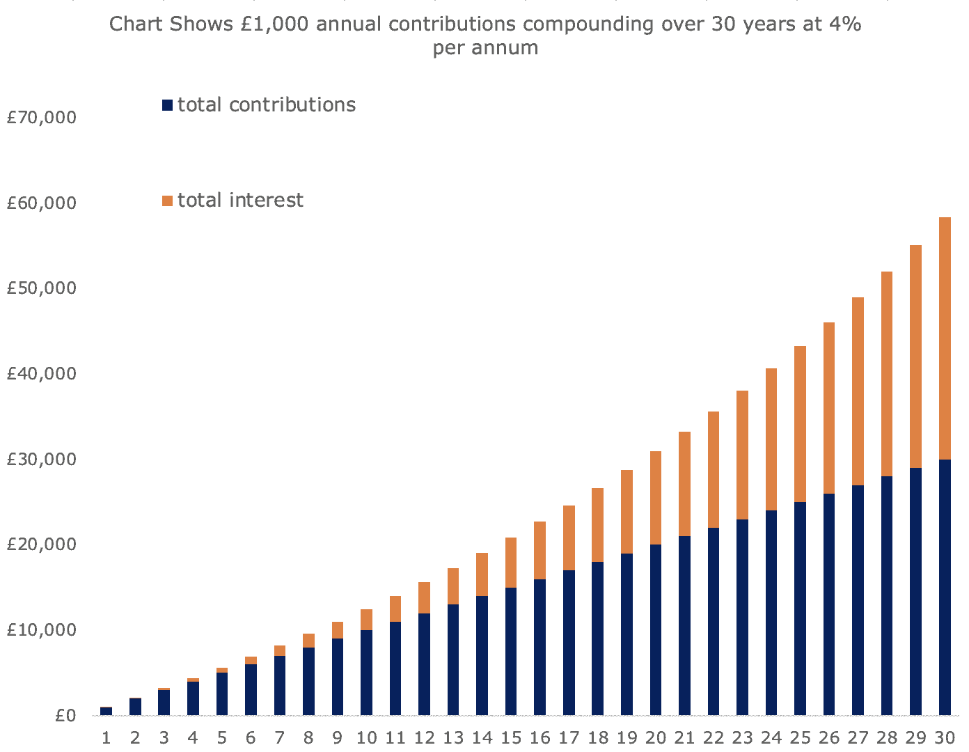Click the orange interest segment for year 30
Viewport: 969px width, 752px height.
[x=945, y=338]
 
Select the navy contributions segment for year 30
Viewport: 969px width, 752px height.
[x=945, y=587]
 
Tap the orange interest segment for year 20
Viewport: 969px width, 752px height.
[x=656, y=498]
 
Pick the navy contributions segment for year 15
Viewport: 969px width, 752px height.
[x=511, y=651]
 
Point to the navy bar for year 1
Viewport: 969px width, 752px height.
[x=106, y=711]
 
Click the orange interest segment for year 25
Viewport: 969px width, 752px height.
[x=801, y=424]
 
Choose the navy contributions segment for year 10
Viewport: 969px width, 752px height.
[x=366, y=673]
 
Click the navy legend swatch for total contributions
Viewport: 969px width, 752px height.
[x=167, y=105]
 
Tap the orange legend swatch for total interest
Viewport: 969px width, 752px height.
[x=167, y=201]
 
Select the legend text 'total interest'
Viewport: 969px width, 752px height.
[x=240, y=201]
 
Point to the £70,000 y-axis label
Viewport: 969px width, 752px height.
[x=41, y=118]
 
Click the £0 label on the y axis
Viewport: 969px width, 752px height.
[x=65, y=716]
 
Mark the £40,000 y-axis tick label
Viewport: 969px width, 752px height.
[x=41, y=374]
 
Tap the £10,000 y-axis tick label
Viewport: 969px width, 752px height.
[x=41, y=630]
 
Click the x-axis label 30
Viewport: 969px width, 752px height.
[x=944, y=738]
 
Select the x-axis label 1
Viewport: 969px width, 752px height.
[x=106, y=738]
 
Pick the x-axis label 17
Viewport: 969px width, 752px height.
[x=569, y=738]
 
